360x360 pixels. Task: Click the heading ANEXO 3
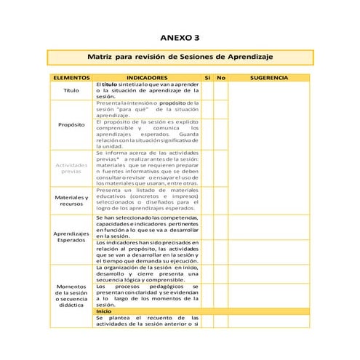(x=179, y=37)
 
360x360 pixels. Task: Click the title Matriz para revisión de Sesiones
(x=179, y=57)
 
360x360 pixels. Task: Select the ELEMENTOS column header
(x=71, y=77)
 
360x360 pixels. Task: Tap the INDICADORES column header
(x=147, y=77)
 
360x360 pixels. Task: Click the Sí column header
(x=207, y=77)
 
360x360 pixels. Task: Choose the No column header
(x=221, y=77)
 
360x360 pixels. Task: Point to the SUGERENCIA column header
(x=268, y=77)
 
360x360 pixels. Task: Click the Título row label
(x=71, y=91)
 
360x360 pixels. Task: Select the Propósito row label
(x=71, y=124)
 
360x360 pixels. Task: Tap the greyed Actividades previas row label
(x=71, y=168)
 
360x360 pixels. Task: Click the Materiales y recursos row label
(x=71, y=200)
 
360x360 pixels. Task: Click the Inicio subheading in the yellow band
(x=104, y=311)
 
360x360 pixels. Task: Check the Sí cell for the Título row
(x=207, y=91)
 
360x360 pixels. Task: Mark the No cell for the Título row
(x=221, y=91)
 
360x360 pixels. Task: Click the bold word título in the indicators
(x=111, y=84)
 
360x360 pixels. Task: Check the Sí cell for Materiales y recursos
(x=207, y=200)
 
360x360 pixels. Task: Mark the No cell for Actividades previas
(x=221, y=168)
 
